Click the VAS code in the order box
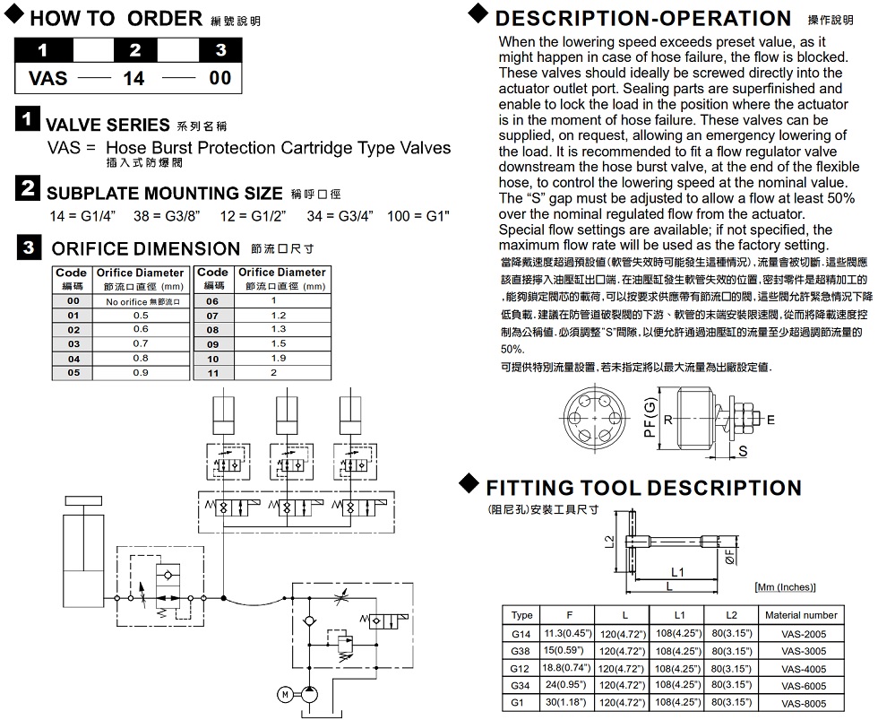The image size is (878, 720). click(x=47, y=78)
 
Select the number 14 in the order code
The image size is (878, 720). click(x=133, y=78)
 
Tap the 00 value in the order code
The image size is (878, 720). click(x=219, y=78)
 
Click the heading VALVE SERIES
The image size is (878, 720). click(x=108, y=125)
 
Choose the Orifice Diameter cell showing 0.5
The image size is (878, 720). click(x=141, y=316)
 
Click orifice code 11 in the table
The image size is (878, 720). click(x=212, y=372)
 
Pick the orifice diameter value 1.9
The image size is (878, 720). click(x=279, y=358)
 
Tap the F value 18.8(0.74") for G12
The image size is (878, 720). click(x=564, y=668)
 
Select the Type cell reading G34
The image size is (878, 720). click(x=521, y=686)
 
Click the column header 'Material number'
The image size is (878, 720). click(x=802, y=615)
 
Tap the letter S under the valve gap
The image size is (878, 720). click(x=742, y=452)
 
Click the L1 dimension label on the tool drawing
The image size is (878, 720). click(x=677, y=571)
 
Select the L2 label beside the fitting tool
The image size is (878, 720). click(x=608, y=540)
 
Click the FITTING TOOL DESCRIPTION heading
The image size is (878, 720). click(x=642, y=488)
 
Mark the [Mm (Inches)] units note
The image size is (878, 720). click(x=785, y=587)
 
